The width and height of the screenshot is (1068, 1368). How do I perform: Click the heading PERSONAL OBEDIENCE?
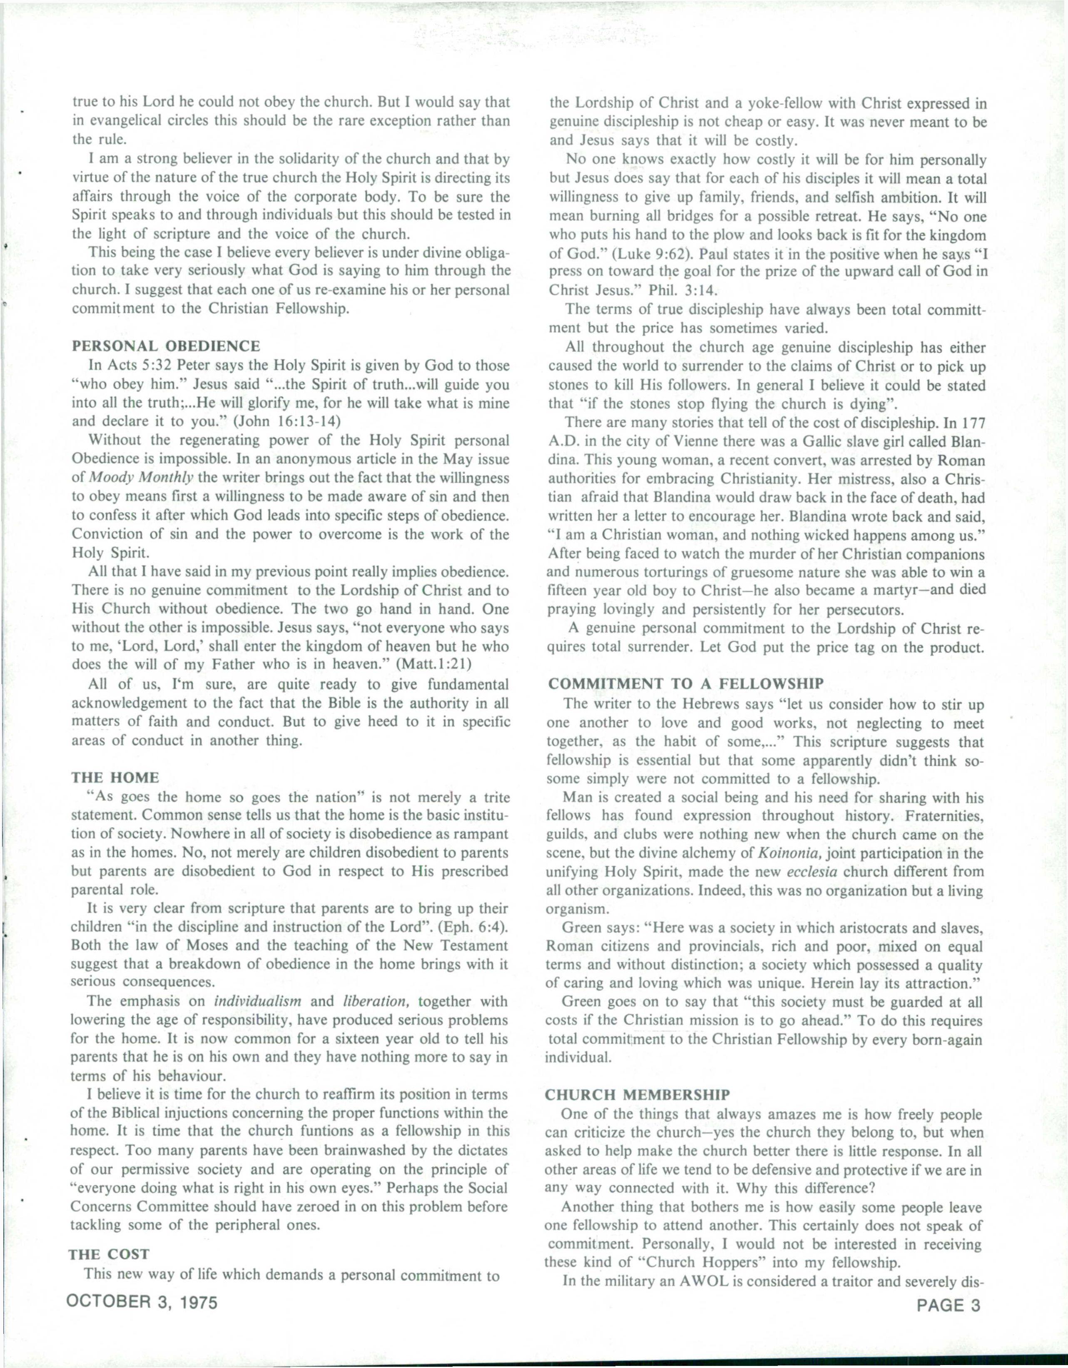pyautogui.click(x=166, y=346)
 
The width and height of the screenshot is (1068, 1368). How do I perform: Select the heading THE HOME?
pyautogui.click(x=116, y=777)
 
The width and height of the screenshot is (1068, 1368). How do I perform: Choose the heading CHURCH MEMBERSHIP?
pyautogui.click(x=637, y=1094)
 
